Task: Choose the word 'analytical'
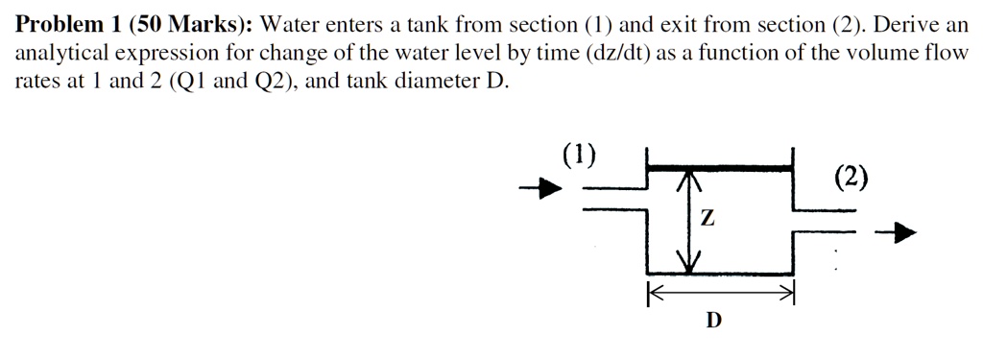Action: pos(59,54)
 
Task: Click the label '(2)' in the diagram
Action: pos(851,176)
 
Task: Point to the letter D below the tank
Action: pos(712,320)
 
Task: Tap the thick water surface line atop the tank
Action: pos(720,168)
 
